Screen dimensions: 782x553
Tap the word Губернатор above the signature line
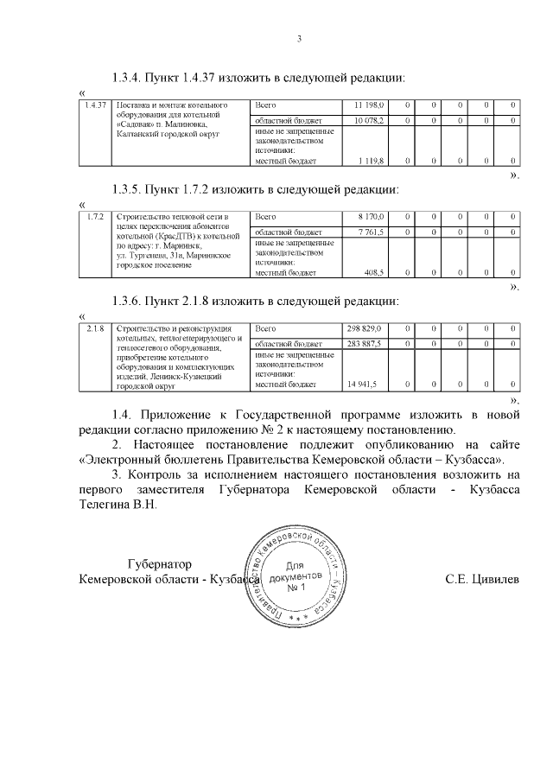point(157,563)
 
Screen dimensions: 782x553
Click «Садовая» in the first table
point(130,124)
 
